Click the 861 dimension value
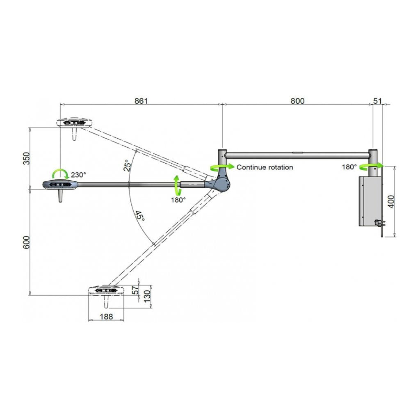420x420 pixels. (141, 101)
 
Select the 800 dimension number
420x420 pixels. (297, 101)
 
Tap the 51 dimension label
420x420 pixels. (377, 101)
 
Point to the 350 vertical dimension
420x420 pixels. (26, 158)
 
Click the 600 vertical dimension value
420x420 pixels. (26, 242)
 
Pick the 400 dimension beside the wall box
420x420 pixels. (391, 201)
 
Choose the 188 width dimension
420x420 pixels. (106, 317)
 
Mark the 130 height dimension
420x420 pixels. (147, 296)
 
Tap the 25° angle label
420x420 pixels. (127, 165)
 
